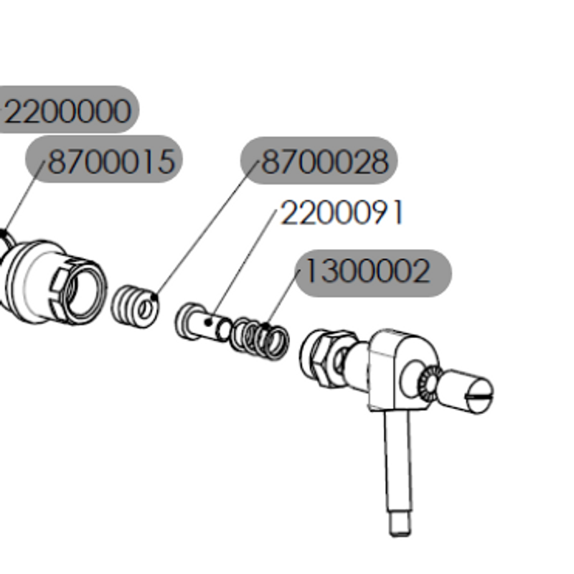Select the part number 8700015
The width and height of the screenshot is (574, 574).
[112, 161]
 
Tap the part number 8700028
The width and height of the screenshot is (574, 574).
[326, 161]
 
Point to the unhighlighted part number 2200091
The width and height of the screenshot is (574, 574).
[342, 212]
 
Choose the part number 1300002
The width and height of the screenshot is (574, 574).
[367, 271]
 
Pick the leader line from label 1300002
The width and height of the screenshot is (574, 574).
[283, 298]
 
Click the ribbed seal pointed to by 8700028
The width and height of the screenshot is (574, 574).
[135, 306]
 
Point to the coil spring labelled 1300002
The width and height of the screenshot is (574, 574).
[260, 338]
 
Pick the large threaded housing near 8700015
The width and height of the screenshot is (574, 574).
[55, 282]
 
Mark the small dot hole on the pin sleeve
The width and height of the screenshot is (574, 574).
[208, 322]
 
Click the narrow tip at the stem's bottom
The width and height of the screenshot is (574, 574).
[400, 524]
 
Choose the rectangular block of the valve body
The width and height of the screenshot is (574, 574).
[399, 370]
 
